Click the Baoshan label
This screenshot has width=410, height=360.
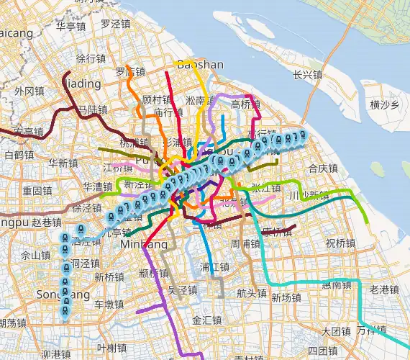pos(200,65)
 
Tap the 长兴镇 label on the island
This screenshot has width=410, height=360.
pos(307,75)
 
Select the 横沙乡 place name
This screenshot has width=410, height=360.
pos(383,105)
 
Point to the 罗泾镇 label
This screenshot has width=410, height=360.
pos(115,24)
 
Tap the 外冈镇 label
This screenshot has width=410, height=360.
pos(29,91)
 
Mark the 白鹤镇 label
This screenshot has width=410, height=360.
pos(19,155)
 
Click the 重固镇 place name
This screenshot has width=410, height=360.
pos(36,192)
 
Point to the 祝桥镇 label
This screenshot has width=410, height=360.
pos(340,243)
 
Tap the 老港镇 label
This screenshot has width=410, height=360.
pos(383,289)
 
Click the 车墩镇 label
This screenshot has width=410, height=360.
pos(109,304)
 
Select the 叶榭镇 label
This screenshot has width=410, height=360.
pos(111,348)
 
